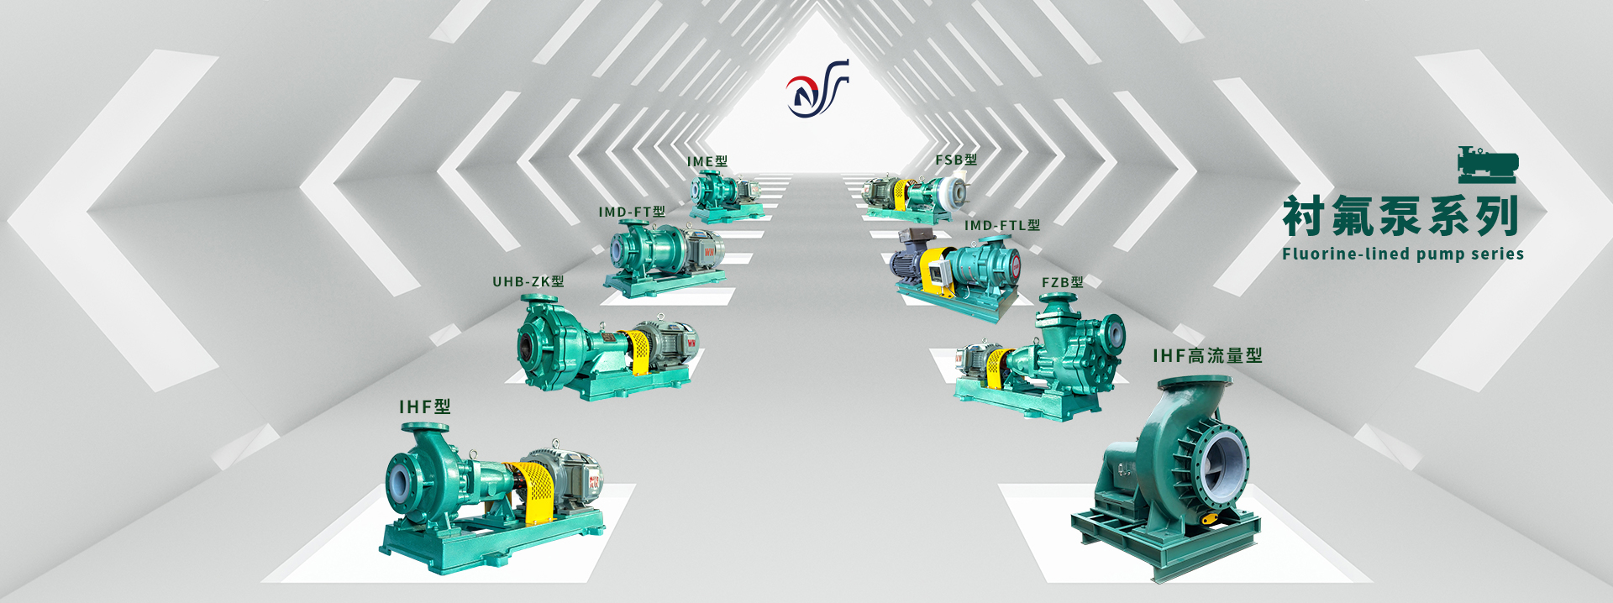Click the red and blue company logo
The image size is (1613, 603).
[817, 88]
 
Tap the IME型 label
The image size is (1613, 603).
[707, 161]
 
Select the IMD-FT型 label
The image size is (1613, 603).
[632, 212]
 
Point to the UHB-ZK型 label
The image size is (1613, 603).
[528, 281]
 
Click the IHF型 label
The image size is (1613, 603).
[425, 407]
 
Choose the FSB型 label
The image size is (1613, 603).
[956, 160]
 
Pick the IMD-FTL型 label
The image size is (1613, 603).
[1002, 225]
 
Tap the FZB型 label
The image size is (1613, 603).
[1063, 282]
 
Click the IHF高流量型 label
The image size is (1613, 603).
[1208, 356]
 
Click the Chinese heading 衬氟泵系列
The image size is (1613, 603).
[1400, 217]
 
